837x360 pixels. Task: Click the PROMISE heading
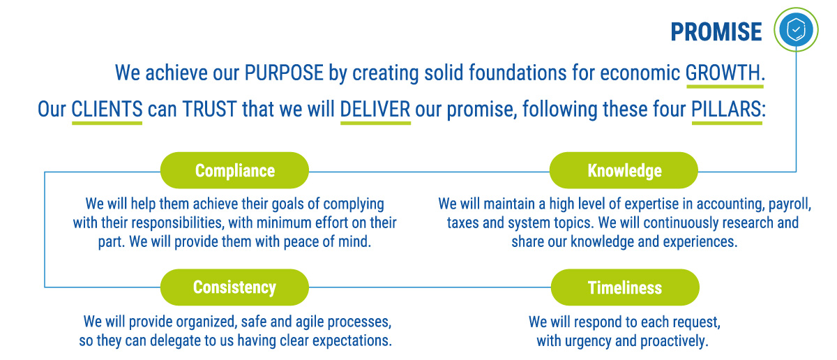tap(716, 31)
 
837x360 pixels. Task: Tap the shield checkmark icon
tap(796, 29)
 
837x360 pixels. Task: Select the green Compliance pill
tap(234, 170)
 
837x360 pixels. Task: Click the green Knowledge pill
tap(624, 170)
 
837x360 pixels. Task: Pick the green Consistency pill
tap(234, 287)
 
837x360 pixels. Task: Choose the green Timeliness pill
tap(625, 287)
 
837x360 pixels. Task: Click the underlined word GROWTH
tap(723, 73)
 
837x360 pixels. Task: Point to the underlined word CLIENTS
tap(107, 109)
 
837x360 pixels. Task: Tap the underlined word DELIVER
tap(375, 109)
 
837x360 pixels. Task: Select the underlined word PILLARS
tap(726, 109)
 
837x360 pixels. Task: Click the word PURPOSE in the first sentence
tap(284, 73)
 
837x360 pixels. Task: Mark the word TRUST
tap(210, 109)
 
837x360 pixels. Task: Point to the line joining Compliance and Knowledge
tap(429, 172)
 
